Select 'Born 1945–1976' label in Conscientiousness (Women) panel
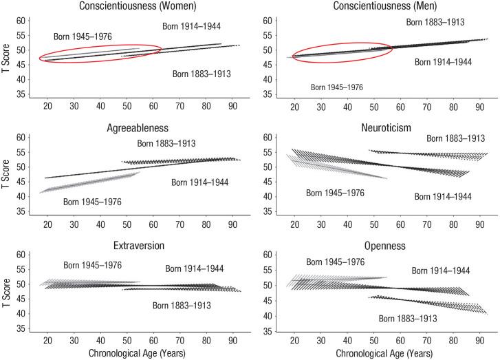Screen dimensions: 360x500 coord(83,36)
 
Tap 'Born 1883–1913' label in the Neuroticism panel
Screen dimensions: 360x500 coord(456,138)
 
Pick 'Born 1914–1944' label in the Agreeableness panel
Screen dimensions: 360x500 coord(200,182)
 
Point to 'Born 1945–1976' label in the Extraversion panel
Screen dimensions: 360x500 coord(93,265)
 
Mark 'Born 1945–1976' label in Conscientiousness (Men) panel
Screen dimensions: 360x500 coord(336,87)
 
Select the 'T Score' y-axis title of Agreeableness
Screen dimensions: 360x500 coord(7,167)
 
